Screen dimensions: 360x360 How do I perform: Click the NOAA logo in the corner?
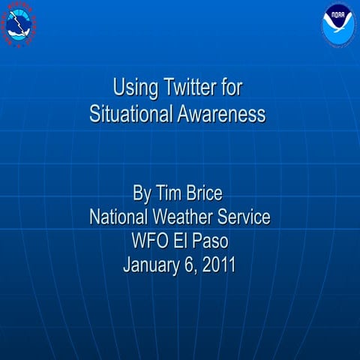click(337, 22)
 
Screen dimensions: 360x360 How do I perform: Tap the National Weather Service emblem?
click(20, 23)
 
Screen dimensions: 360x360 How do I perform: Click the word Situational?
click(132, 115)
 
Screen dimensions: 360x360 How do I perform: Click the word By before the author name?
click(142, 194)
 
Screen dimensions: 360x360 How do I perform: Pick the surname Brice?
click(205, 194)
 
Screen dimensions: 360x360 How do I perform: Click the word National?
click(120, 217)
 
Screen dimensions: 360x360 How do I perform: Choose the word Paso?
click(209, 241)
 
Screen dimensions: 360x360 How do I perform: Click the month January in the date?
click(150, 265)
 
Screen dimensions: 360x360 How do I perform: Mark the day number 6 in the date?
click(187, 265)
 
